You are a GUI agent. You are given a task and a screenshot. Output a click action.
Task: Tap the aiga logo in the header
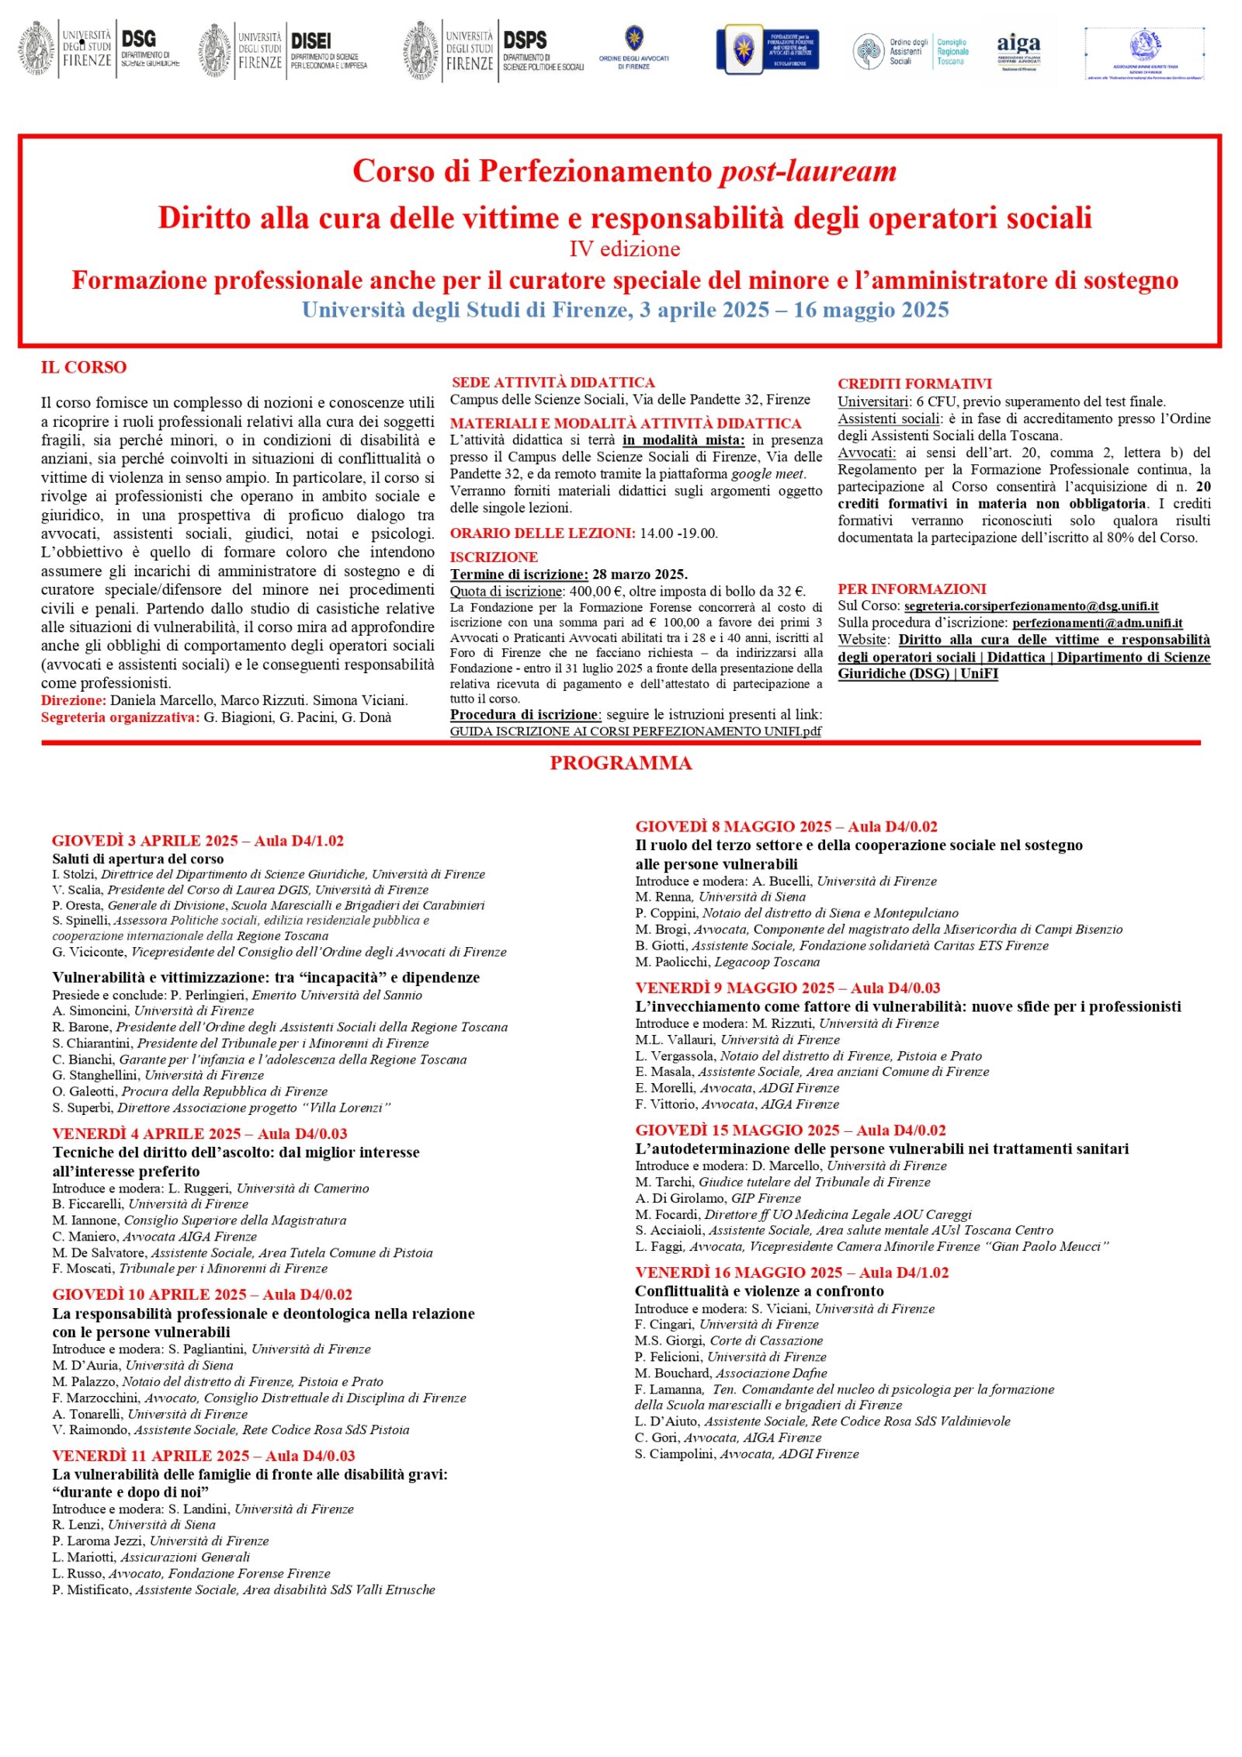(1018, 51)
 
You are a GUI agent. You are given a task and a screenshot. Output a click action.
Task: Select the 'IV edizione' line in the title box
(624, 249)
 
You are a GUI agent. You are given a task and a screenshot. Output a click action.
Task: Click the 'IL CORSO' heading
(84, 367)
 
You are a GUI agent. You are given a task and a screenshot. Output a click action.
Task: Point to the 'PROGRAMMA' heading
(621, 763)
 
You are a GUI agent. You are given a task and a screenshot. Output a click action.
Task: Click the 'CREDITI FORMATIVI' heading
(914, 384)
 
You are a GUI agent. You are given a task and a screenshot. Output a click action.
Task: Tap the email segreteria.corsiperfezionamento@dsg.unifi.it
(1031, 606)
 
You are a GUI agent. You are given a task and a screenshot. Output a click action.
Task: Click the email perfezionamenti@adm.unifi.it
(1097, 623)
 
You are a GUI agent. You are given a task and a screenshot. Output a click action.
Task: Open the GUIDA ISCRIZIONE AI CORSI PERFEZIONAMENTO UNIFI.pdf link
(635, 731)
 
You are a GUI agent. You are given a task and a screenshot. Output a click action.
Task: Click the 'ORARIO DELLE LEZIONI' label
(542, 533)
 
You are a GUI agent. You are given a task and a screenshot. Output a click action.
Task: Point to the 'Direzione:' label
(74, 700)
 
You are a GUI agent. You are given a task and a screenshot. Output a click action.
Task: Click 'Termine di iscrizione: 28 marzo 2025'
(568, 575)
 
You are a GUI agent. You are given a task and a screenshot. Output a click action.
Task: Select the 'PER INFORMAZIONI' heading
(911, 589)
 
